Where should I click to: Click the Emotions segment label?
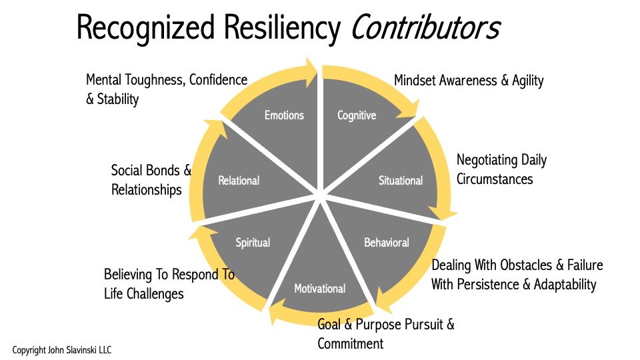click(284, 115)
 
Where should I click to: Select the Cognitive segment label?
click(357, 115)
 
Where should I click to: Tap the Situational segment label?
click(401, 181)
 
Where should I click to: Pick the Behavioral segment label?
click(387, 242)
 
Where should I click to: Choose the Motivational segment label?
click(320, 289)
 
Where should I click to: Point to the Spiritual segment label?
click(253, 242)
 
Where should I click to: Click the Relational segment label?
click(239, 181)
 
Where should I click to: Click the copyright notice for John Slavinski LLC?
click(67, 349)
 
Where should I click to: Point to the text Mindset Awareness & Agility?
click(469, 81)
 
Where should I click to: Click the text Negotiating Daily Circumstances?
click(501, 169)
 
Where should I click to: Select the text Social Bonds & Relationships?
click(151, 180)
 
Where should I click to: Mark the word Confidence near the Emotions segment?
click(218, 80)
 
